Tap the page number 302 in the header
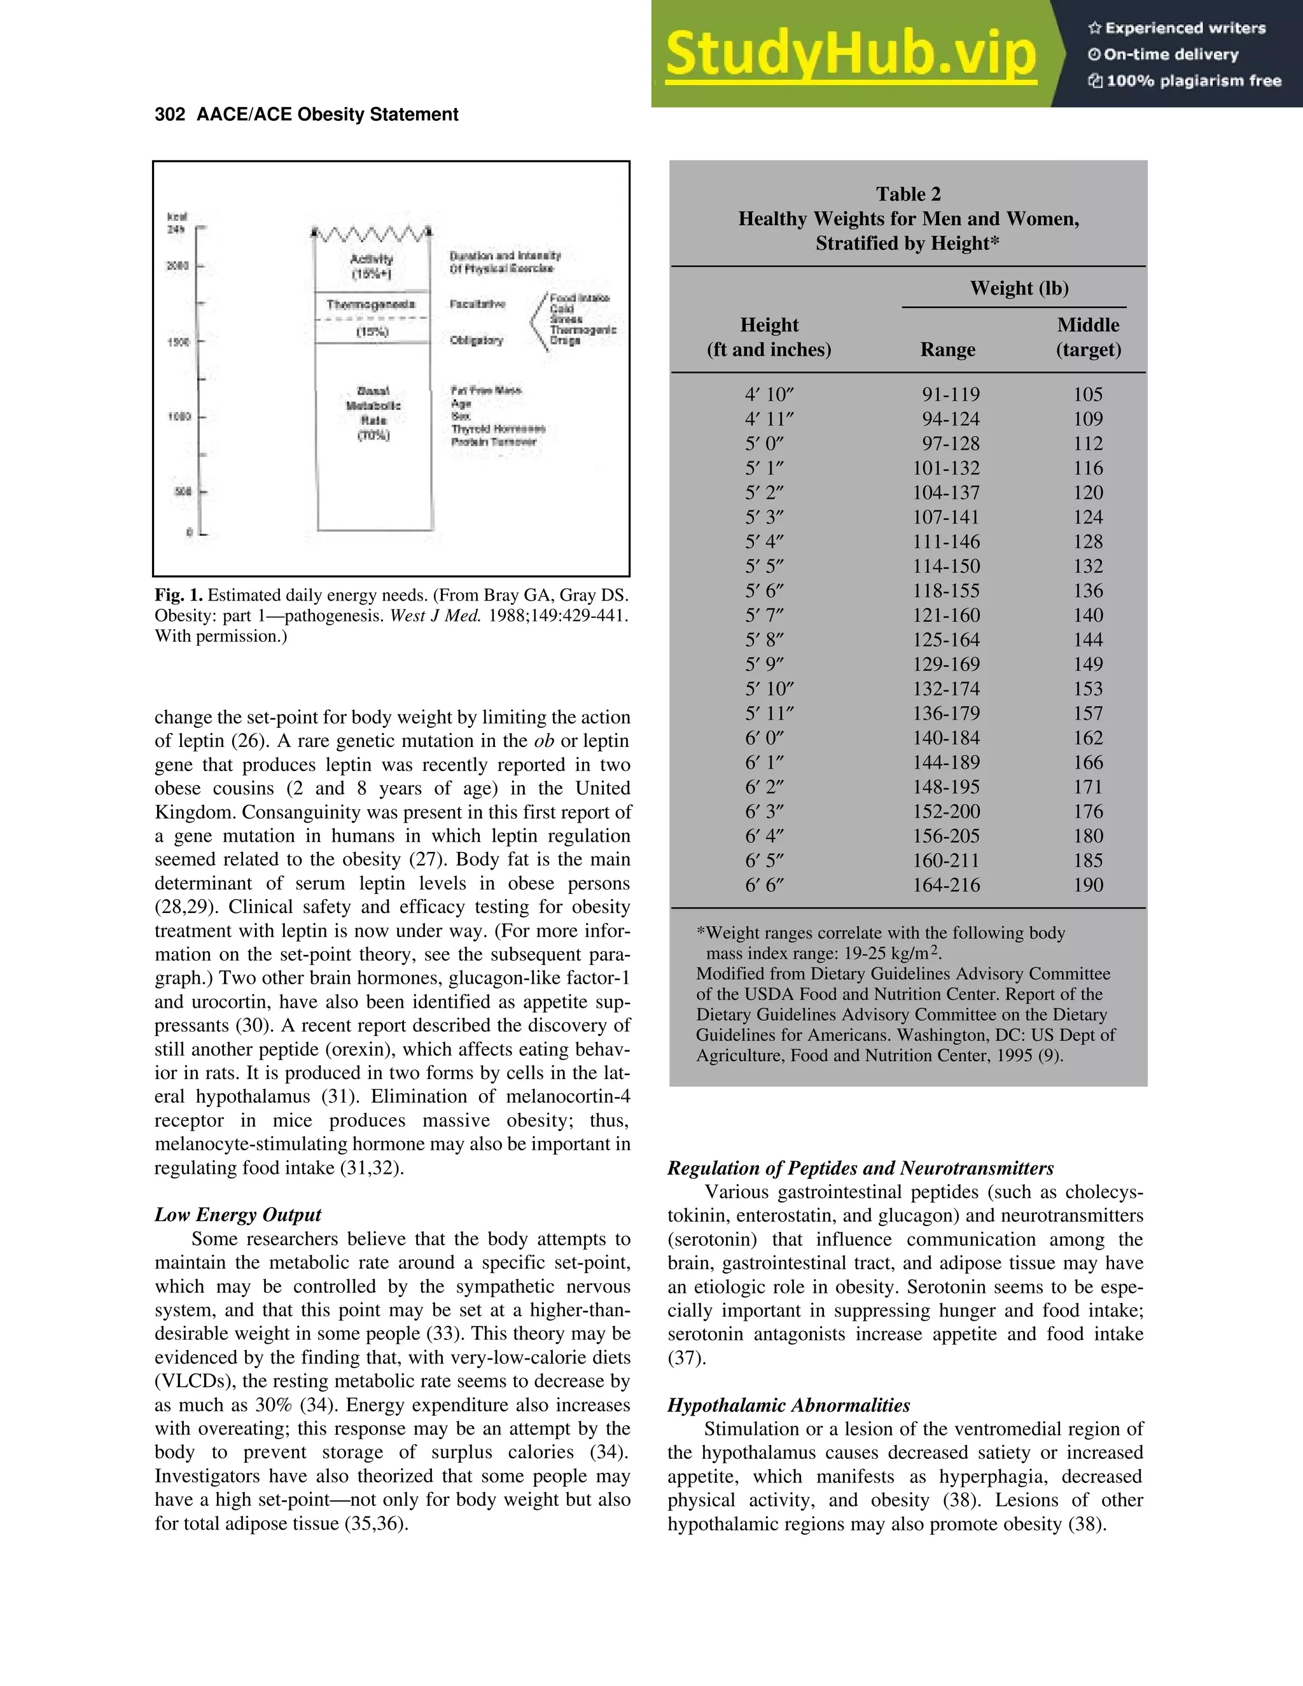click(x=170, y=115)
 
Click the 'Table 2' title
click(x=908, y=194)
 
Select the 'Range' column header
click(x=947, y=350)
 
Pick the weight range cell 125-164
click(x=946, y=640)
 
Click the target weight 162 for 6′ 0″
click(x=1087, y=738)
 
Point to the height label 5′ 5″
click(x=764, y=566)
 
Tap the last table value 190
click(x=1087, y=885)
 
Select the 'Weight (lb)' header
click(x=1019, y=288)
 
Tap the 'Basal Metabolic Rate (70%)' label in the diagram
click(x=373, y=413)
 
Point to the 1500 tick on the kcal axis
click(x=179, y=341)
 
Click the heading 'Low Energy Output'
click(x=238, y=1215)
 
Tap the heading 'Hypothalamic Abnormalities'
click(x=788, y=1405)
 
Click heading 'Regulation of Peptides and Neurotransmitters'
click(x=861, y=1168)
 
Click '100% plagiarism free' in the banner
click(x=1194, y=81)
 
